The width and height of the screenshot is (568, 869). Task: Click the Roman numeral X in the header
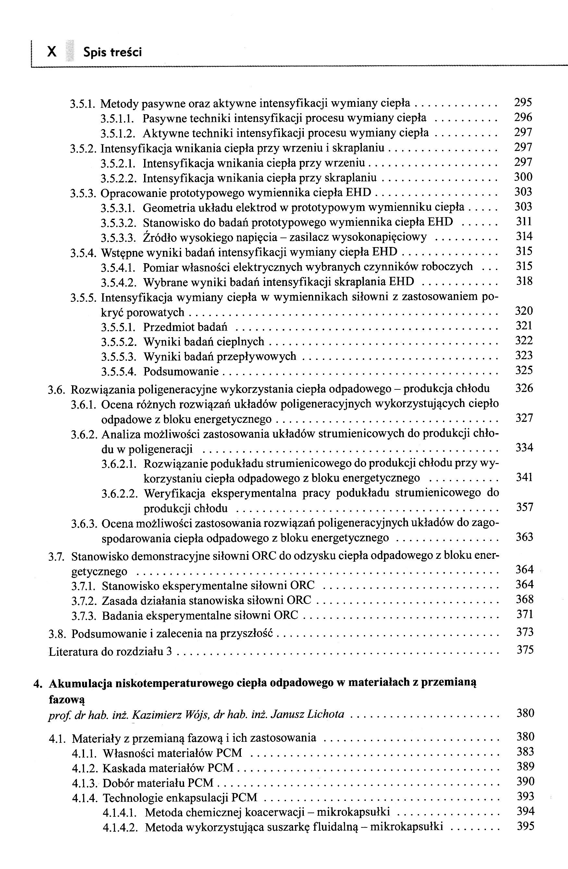click(52, 52)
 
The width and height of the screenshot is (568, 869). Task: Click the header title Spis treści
click(112, 53)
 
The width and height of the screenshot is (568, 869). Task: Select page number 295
click(523, 103)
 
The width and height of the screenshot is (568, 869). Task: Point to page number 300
click(523, 177)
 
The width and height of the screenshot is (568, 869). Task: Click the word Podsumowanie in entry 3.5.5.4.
click(181, 371)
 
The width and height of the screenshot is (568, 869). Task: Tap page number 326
click(524, 388)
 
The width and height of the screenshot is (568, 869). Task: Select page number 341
click(524, 477)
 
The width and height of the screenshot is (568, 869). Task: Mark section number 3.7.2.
click(84, 601)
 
